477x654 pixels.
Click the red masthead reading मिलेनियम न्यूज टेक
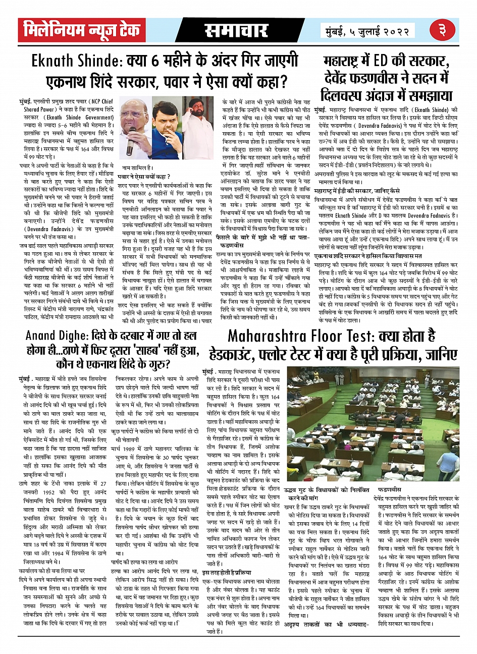point(82,31)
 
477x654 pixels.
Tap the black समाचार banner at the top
point(236,31)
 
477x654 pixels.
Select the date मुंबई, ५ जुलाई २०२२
point(367,32)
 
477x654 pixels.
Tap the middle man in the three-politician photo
point(168,126)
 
